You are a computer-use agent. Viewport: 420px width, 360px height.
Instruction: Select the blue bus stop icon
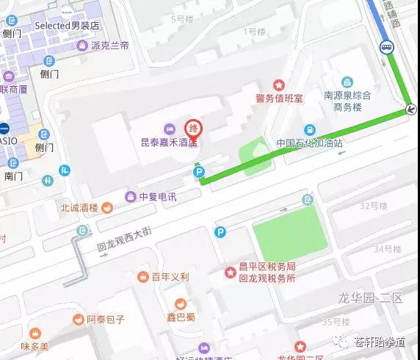(x=386, y=47)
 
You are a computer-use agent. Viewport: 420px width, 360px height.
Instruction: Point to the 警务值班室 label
(x=279, y=98)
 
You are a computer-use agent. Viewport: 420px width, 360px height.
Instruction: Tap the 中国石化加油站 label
(x=309, y=143)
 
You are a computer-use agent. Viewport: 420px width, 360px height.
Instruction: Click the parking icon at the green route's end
(x=198, y=172)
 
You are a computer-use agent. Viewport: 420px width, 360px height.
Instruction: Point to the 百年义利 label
(x=170, y=277)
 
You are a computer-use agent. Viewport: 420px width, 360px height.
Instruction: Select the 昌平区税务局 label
(x=271, y=266)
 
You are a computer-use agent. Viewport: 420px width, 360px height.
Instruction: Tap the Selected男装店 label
(x=70, y=25)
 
